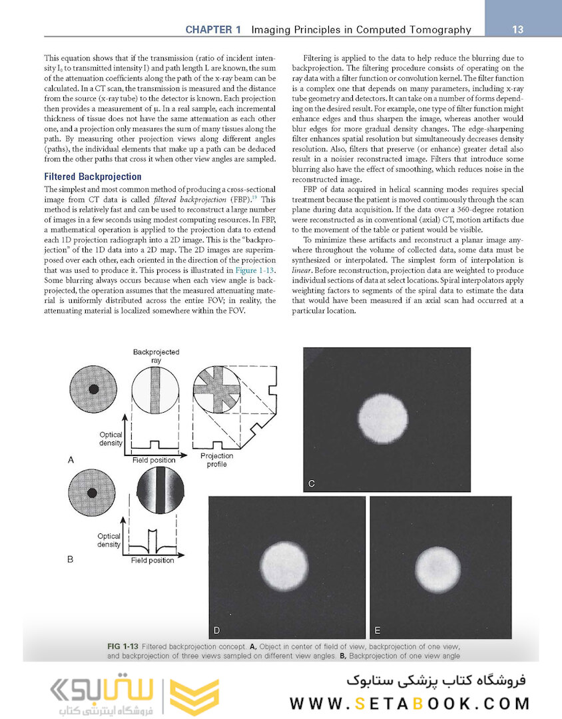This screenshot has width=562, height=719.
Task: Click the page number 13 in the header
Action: click(x=517, y=29)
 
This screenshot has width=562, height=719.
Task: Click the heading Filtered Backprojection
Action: click(x=93, y=177)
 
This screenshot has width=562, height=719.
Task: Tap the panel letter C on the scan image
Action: click(x=312, y=484)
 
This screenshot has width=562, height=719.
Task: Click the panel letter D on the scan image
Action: click(x=217, y=629)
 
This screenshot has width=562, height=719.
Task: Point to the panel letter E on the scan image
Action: click(x=378, y=629)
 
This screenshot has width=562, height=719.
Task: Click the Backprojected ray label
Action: click(x=156, y=356)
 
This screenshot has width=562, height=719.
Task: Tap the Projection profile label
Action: click(x=216, y=460)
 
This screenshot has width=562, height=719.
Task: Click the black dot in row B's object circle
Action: click(x=94, y=495)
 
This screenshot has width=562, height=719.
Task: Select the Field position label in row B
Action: click(x=153, y=561)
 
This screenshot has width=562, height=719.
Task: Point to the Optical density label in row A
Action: click(x=110, y=439)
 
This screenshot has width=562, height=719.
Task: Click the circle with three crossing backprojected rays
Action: click(x=216, y=389)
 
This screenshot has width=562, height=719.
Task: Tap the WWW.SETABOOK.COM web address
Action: click(x=410, y=704)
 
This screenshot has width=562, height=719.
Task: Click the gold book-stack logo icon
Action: click(x=194, y=696)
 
